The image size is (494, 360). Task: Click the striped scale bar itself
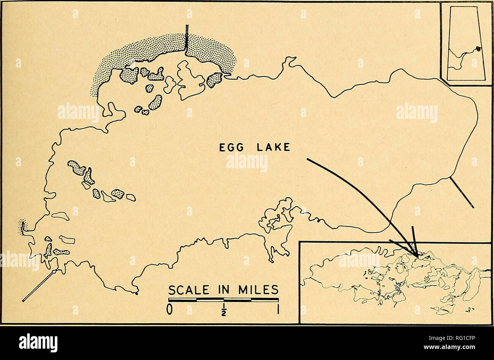pyautogui.click(x=223, y=300)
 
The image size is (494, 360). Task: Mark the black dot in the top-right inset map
pyautogui.click(x=478, y=48)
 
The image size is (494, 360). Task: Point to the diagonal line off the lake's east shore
pyautogui.click(x=462, y=193)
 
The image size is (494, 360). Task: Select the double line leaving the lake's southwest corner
pyautogui.click(x=38, y=286)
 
